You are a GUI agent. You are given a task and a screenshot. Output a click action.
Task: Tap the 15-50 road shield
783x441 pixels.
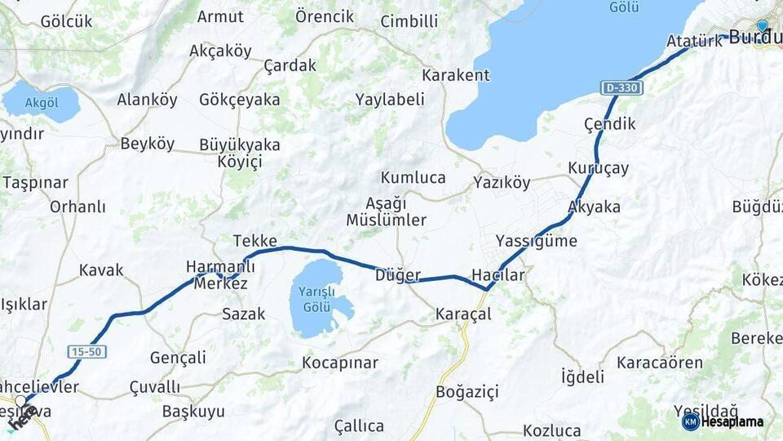86,350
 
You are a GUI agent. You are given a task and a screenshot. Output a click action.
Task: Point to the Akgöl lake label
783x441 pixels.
42,103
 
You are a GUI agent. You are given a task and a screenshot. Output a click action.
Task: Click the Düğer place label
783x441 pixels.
398,275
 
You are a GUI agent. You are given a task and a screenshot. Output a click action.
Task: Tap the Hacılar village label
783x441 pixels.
498,275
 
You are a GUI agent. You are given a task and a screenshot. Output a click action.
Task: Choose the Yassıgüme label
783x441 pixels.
536,241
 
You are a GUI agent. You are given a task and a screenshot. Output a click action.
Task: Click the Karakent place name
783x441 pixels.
455,75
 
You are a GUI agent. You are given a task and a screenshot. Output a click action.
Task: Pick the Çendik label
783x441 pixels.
609,124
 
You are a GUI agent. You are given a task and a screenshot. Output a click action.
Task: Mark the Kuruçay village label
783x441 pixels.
599,168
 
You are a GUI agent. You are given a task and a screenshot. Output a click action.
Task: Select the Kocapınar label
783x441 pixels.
340,362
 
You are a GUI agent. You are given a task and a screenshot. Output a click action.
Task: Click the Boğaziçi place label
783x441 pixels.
467,392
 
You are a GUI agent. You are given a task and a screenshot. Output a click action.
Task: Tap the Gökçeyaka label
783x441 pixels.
239,100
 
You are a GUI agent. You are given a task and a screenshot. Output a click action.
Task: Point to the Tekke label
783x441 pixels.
255,241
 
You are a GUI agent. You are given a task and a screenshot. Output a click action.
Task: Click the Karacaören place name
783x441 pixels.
660,362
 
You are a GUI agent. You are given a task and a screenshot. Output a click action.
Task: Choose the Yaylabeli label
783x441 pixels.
390,100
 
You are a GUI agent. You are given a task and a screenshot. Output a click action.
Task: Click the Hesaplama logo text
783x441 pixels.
732,421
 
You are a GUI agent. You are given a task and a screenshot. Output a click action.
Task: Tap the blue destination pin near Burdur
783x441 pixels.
762,25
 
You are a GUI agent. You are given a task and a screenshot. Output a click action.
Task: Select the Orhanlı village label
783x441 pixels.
77,207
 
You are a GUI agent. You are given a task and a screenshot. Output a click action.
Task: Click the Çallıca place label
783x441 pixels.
359,425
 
